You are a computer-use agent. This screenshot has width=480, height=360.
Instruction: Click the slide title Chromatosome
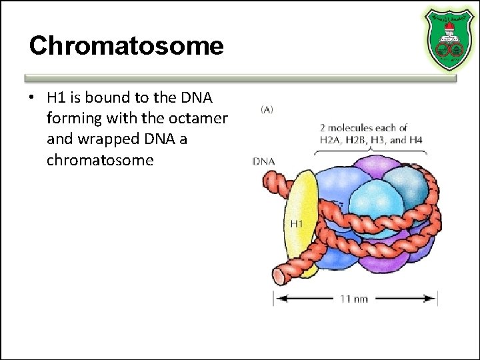point(126,46)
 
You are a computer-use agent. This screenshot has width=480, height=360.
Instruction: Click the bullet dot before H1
point(31,98)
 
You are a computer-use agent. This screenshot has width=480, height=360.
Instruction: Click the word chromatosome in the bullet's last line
point(100,160)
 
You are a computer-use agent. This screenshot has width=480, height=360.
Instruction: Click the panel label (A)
point(266,109)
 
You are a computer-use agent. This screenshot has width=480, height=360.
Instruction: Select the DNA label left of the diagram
point(264,161)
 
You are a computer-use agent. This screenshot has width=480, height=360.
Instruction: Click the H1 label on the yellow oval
point(295,223)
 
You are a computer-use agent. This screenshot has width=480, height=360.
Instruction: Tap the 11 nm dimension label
point(354,299)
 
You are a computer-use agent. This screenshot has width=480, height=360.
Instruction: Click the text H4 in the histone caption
point(417,140)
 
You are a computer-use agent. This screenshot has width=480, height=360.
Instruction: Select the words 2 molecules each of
point(363,127)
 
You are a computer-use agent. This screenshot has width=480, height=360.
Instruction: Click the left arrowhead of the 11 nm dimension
point(277,299)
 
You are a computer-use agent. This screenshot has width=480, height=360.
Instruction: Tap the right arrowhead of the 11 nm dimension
point(433,299)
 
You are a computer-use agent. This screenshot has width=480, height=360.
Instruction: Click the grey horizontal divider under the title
point(240,77)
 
